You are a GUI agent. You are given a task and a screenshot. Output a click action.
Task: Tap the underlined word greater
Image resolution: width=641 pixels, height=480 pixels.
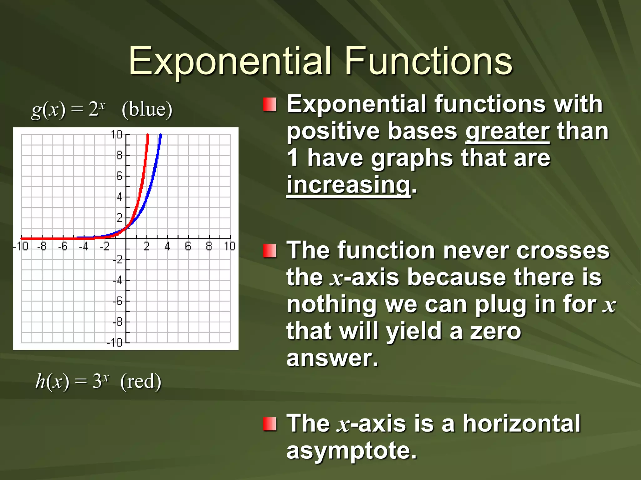pyautogui.click(x=507, y=131)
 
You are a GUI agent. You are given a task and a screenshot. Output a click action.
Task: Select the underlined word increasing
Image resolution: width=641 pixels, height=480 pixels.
pyautogui.click(x=348, y=185)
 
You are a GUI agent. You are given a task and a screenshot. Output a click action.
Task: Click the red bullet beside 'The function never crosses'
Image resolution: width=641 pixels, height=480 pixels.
pyautogui.click(x=269, y=251)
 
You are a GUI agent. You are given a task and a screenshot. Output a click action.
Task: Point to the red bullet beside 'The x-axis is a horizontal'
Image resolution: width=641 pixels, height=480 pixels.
pyautogui.click(x=269, y=424)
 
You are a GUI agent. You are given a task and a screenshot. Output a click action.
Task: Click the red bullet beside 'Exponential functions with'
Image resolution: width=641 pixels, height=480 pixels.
pyautogui.click(x=269, y=104)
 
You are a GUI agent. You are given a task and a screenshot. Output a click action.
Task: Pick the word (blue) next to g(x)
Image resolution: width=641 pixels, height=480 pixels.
pyautogui.click(x=147, y=109)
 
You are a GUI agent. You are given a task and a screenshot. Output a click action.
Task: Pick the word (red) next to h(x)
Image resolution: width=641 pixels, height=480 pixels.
pyautogui.click(x=141, y=382)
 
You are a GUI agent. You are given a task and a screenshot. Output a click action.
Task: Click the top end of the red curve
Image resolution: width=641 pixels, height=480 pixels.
pyautogui.click(x=147, y=135)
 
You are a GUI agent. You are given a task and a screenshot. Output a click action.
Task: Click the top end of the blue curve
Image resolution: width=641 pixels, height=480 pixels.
pyautogui.click(x=161, y=135)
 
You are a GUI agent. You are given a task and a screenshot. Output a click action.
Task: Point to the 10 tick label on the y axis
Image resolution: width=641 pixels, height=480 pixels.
pyautogui.click(x=117, y=135)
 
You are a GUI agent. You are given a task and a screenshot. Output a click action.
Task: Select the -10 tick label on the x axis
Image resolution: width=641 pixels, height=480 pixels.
pyautogui.click(x=21, y=246)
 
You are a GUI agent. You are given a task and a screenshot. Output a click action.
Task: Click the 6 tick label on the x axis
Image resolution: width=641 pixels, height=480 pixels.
pyautogui.click(x=188, y=246)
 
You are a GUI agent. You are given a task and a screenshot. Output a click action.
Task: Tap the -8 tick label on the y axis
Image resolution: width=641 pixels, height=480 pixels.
pyautogui.click(x=118, y=322)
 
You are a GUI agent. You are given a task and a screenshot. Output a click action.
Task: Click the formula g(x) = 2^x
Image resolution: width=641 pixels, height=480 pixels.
pyautogui.click(x=68, y=109)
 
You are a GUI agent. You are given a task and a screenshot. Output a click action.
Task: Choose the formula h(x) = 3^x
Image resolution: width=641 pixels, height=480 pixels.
pyautogui.click(x=72, y=382)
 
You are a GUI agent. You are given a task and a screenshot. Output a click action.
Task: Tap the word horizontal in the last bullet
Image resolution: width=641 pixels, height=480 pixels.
pyautogui.click(x=521, y=424)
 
